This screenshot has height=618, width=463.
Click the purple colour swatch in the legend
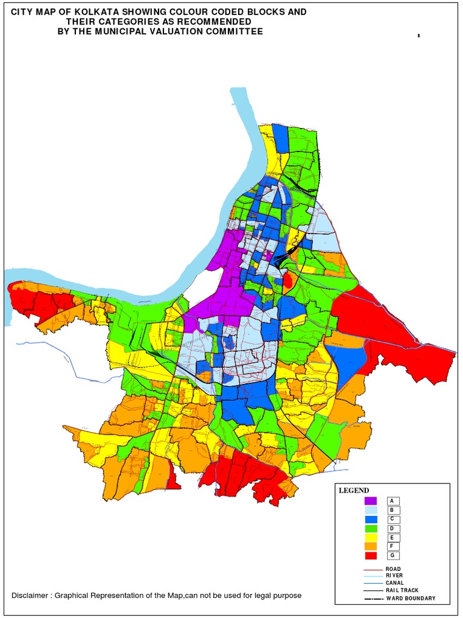click(370, 501)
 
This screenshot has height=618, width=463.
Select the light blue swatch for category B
click(370, 510)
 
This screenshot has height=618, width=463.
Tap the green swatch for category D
click(370, 528)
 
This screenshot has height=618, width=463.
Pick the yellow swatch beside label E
click(370, 537)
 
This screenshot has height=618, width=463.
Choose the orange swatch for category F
click(370, 546)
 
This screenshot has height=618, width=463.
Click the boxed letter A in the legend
click(392, 501)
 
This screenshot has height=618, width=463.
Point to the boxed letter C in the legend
click(392, 519)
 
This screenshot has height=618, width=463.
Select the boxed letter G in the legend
click(392, 555)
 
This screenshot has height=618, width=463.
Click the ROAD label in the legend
click(393, 569)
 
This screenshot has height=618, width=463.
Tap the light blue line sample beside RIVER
click(373, 576)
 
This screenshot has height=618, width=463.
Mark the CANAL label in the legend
click(395, 583)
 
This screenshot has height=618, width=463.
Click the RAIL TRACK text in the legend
click(402, 590)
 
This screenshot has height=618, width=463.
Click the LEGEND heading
click(354, 491)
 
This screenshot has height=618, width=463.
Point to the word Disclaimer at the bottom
click(30, 596)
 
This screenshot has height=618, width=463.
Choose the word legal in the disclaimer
click(262, 596)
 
